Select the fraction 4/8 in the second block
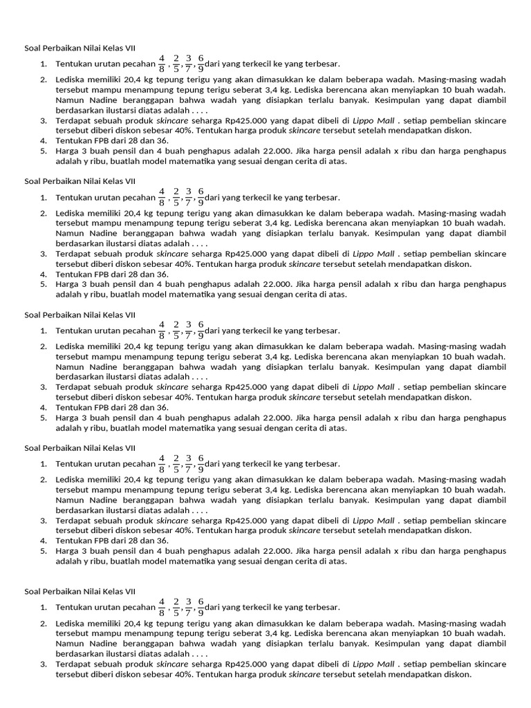[162, 196]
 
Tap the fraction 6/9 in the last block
[201, 607]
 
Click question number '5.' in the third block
[43, 418]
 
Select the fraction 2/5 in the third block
[176, 330]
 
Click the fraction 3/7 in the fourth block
[188, 463]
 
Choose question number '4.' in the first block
[43, 140]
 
